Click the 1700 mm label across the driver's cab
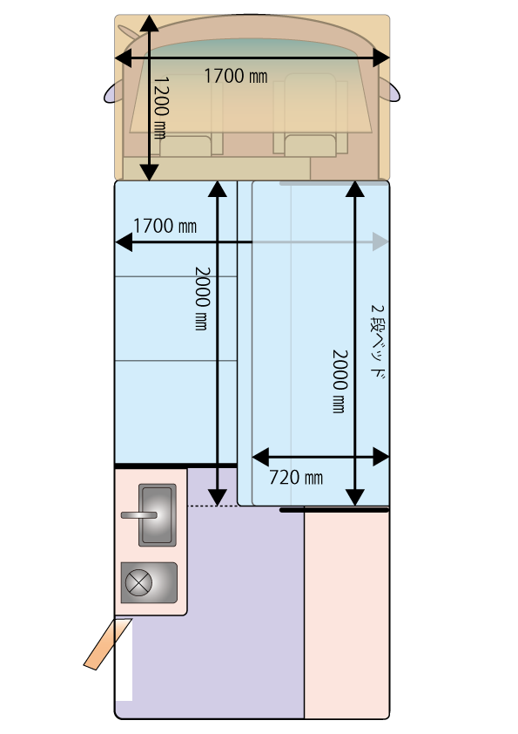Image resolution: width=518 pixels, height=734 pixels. click(235, 76)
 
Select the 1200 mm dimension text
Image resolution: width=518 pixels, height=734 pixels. click(160, 106)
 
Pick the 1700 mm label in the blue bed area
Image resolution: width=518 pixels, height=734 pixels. click(165, 227)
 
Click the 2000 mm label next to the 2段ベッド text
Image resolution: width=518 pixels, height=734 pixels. click(339, 381)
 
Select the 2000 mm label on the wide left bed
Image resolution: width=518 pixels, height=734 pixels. click(201, 298)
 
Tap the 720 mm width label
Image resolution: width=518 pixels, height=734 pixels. click(296, 477)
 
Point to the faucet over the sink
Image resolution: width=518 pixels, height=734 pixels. click(138, 515)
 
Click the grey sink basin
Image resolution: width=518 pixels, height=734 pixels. click(158, 515)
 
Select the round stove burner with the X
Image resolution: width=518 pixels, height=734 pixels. click(138, 583)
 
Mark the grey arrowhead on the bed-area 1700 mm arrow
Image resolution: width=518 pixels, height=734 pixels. click(380, 242)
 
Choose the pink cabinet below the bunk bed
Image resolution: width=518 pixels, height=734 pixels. click(346, 614)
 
